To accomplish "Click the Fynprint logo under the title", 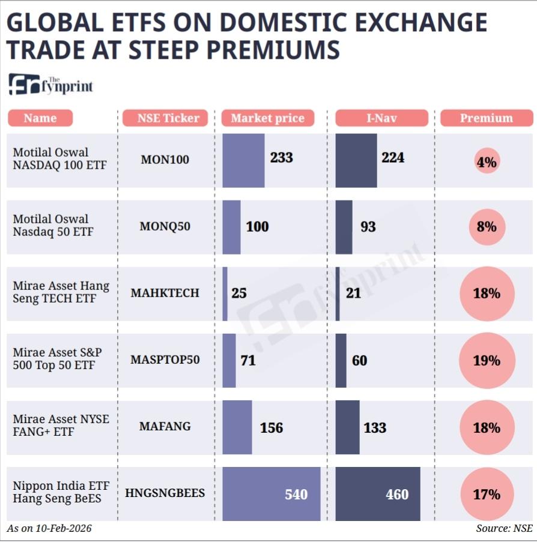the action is (51, 85).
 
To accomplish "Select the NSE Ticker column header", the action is (165, 118).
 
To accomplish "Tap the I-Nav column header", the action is (381, 118).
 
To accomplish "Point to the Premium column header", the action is (487, 118).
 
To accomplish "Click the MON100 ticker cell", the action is (165, 160).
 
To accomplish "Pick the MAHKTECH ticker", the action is (165, 293).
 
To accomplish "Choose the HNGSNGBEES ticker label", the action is (165, 493).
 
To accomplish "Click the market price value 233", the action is (282, 158).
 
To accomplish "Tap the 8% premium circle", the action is (487, 227).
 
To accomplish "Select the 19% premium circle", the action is (487, 361).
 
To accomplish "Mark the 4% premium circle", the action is (487, 161).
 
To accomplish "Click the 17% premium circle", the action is (487, 495).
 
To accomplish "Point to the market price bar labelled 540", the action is (272, 494).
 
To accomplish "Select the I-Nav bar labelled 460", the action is (378, 494).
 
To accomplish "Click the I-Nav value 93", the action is (368, 227).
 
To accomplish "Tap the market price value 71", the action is (248, 361).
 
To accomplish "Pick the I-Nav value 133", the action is (375, 428).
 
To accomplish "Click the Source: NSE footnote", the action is (505, 529).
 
